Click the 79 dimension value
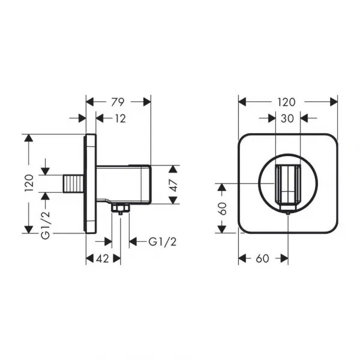coord(118,102)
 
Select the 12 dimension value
coord(121,119)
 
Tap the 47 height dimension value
coord(174,185)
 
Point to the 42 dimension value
coord(103,259)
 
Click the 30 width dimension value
coord(287,118)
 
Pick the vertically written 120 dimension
coord(29,183)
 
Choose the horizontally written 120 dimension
coord(286,102)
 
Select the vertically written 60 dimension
coord(222,208)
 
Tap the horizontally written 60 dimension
coord(262,259)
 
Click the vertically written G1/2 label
coord(46,225)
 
